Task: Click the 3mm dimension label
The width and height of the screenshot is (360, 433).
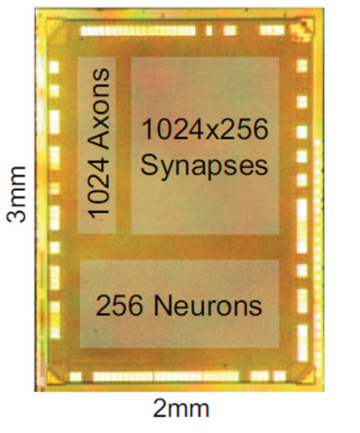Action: click(x=16, y=194)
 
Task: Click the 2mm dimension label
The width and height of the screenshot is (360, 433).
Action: click(x=181, y=409)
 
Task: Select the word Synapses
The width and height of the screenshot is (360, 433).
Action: click(x=204, y=166)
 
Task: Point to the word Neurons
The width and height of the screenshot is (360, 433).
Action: click(x=207, y=306)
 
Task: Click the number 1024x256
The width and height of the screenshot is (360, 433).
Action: click(x=205, y=129)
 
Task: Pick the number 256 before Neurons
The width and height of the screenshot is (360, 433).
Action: click(x=119, y=306)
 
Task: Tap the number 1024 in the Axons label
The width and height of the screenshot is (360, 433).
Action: click(x=99, y=186)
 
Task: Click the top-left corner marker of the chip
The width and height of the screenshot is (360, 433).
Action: click(x=56, y=27)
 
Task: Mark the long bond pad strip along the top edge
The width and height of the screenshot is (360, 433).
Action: click(x=138, y=31)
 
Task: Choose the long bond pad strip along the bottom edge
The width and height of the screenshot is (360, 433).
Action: click(x=166, y=376)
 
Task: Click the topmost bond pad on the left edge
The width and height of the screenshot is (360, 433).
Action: click(x=54, y=67)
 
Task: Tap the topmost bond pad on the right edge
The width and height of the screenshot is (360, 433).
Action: click(x=302, y=66)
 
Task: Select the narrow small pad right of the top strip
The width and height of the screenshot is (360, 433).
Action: click(x=209, y=31)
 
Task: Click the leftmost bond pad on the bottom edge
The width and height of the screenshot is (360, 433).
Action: click(x=75, y=376)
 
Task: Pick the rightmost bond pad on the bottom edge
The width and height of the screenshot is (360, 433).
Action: click(x=280, y=376)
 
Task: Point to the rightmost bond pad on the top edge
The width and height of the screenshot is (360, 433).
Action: click(x=272, y=31)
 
